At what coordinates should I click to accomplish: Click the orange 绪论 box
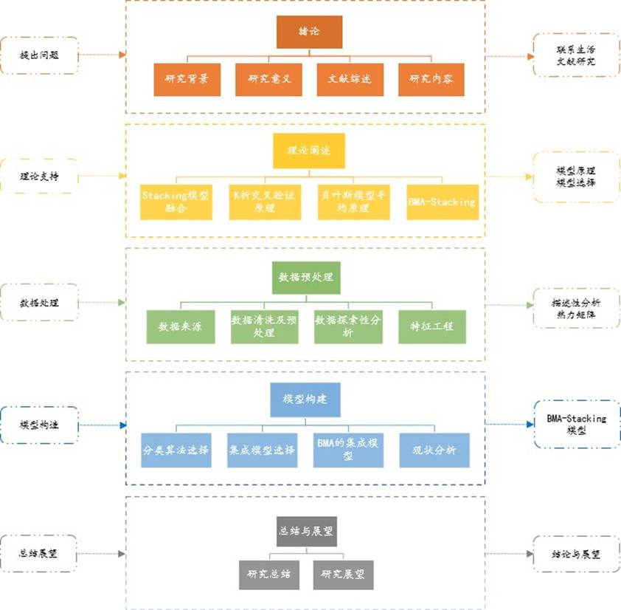(x=309, y=32)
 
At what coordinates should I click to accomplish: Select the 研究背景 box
(x=187, y=80)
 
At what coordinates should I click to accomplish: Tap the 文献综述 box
(x=350, y=80)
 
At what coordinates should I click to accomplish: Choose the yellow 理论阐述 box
(x=309, y=150)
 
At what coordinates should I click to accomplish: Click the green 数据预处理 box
(x=305, y=278)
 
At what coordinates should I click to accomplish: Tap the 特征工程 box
(x=432, y=326)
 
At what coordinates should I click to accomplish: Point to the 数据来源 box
(x=180, y=326)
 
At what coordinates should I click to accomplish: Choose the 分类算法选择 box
(x=176, y=450)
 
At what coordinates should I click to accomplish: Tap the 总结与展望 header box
(x=306, y=531)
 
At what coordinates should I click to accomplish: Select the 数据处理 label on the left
(x=37, y=303)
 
